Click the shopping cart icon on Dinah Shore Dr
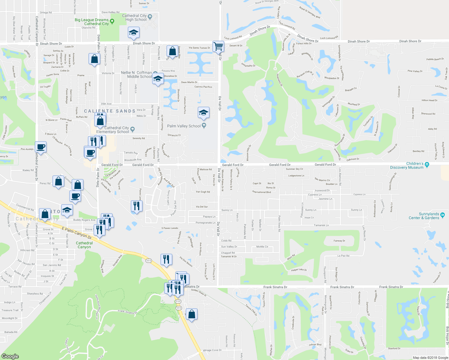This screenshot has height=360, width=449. pyautogui.click(x=218, y=47)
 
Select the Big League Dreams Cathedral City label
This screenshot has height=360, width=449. pyautogui.click(x=92, y=22)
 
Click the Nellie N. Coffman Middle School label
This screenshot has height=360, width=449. pyautogui.click(x=136, y=75)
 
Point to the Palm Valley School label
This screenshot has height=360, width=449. pyautogui.click(x=184, y=126)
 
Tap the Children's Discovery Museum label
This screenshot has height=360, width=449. pyautogui.click(x=407, y=166)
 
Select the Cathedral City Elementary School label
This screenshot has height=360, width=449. pyautogui.click(x=113, y=130)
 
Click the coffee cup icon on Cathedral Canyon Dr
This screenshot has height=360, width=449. pyautogui.click(x=41, y=147)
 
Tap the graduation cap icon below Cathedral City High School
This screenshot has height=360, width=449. pyautogui.click(x=134, y=33)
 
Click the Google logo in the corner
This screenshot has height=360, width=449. pyautogui.click(x=10, y=356)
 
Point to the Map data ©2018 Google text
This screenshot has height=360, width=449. pyautogui.click(x=430, y=358)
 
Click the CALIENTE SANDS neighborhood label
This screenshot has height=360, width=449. pyautogui.click(x=110, y=111)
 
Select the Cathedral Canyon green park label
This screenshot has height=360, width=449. pyautogui.click(x=84, y=245)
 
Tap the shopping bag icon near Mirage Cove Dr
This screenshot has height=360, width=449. pyautogui.click(x=191, y=314)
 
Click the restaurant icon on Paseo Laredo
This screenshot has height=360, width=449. pyautogui.click(x=137, y=206)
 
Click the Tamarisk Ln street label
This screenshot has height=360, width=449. pyautogui.click(x=321, y=225)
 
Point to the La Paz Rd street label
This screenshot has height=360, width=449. pyautogui.click(x=343, y=256)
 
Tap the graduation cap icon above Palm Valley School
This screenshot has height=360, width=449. pyautogui.click(x=203, y=113)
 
